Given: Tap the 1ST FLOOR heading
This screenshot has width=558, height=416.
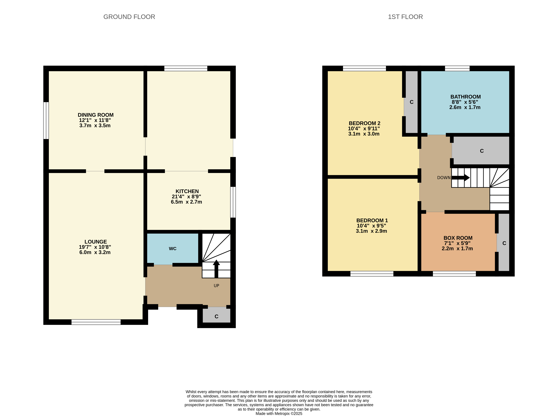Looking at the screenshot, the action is (405, 17).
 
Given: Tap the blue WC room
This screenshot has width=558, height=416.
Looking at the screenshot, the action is (173, 249).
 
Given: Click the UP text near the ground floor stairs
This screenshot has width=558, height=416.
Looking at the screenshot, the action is (216, 286).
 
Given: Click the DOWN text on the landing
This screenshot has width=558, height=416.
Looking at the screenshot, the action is (444, 178).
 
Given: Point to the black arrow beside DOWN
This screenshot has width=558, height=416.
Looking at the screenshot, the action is (461, 178).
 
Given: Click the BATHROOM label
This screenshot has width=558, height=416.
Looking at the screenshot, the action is (465, 97).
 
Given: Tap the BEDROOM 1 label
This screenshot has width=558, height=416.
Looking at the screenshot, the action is (372, 220).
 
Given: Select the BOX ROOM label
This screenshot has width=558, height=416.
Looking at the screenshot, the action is (458, 238).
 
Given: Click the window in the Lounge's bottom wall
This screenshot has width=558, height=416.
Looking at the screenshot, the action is (96, 322).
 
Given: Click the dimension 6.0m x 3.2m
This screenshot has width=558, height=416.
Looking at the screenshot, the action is (95, 252).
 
